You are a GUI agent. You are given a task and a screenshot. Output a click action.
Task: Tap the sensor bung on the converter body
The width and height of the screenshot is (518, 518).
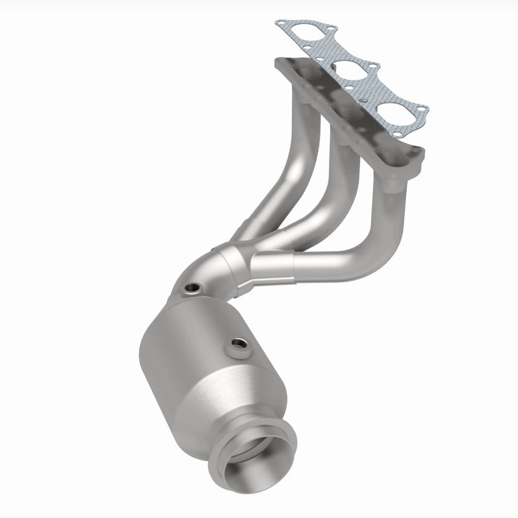236,344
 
